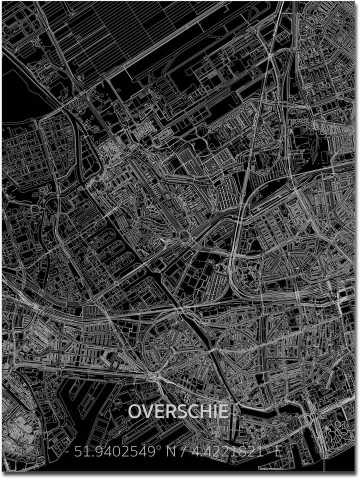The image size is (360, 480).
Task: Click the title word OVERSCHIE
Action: coord(179,411)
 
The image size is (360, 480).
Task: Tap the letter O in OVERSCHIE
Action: coord(135,411)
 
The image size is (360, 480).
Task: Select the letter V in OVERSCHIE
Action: coord(147,411)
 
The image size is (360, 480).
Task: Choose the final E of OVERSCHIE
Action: coord(222,411)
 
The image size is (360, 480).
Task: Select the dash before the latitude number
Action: coord(67,453)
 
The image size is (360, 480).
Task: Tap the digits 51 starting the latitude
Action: coord(80,452)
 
